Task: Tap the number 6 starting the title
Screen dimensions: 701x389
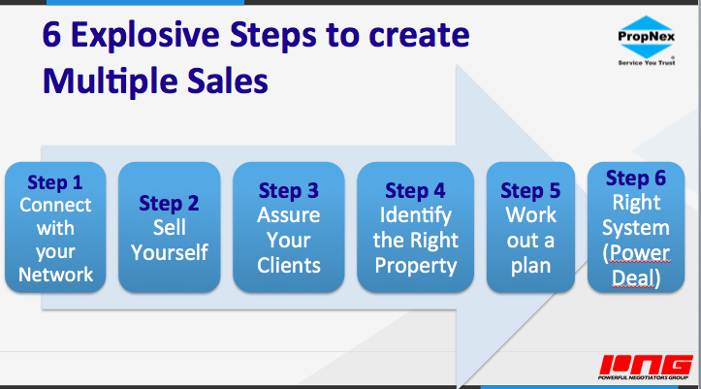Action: coord(51,35)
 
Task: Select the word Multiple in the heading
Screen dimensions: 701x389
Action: coord(111,81)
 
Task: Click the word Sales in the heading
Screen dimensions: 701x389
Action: coord(228,81)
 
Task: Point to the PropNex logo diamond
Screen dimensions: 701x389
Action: coord(647,37)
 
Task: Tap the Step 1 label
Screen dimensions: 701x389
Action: coord(55,183)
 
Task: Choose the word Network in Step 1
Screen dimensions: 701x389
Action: coord(55,275)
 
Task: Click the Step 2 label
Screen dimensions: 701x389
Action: coord(169,204)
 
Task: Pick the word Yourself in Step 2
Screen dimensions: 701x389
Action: coord(170,252)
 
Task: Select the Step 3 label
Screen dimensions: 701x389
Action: coord(289,191)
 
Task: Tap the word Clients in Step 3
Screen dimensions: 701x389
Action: coord(289,265)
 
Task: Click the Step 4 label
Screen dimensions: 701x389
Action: coord(415,191)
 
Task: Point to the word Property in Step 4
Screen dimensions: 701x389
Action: coord(416,266)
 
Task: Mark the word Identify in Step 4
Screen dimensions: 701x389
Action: coord(416,216)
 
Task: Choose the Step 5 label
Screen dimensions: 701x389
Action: coord(530,191)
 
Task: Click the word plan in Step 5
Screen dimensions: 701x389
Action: coord(530,266)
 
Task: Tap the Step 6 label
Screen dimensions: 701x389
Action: coord(636,178)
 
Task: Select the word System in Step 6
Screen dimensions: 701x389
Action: coord(636,229)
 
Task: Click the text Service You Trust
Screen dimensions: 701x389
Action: coord(647,63)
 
